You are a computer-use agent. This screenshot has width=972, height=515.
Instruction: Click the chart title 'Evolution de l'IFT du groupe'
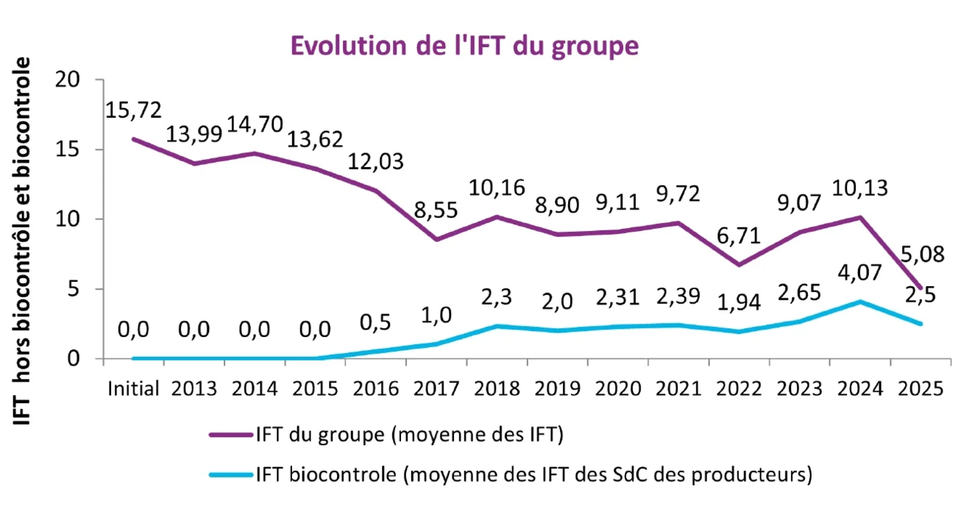pyautogui.click(x=464, y=45)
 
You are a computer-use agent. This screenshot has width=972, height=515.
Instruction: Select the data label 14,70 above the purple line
pyautogui.click(x=255, y=124)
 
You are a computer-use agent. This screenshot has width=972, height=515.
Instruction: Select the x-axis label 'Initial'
pyautogui.click(x=133, y=388)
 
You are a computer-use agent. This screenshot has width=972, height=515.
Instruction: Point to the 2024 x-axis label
pyautogui.click(x=862, y=388)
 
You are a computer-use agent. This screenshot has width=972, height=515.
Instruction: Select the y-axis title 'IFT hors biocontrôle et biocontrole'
pyautogui.click(x=24, y=239)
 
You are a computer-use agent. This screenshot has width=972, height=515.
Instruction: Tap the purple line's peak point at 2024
pyautogui.click(x=859, y=217)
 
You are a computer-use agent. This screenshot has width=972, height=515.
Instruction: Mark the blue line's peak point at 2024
pyautogui.click(x=859, y=302)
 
